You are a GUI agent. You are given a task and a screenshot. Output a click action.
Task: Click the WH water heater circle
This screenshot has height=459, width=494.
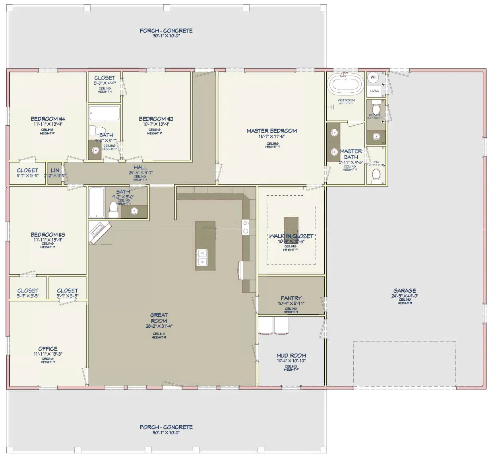(x=373, y=77)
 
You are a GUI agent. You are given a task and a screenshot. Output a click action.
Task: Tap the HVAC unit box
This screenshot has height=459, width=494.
(x=374, y=91)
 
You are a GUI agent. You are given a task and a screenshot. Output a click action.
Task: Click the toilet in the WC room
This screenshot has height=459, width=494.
(x=376, y=174)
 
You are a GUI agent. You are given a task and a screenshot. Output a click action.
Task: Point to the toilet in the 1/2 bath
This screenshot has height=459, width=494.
(x=376, y=108)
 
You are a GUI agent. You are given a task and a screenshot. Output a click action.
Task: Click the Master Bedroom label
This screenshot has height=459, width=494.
(x=272, y=131)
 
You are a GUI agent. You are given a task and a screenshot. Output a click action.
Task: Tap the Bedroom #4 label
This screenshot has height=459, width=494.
(x=48, y=119)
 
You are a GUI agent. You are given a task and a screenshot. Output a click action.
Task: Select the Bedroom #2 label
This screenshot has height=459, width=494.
(x=156, y=119)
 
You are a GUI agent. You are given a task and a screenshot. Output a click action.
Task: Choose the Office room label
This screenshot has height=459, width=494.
(x=48, y=349)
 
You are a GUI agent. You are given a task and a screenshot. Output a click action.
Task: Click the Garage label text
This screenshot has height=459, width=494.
(x=405, y=291)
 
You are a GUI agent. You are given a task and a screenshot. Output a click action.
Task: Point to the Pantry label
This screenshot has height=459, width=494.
(x=291, y=298)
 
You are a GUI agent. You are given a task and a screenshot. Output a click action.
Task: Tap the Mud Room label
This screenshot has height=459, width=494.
(x=291, y=356)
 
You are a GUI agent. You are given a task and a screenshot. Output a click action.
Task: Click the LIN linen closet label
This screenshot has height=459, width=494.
(x=55, y=171)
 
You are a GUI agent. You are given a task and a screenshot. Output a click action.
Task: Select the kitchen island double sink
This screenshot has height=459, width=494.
(x=202, y=257)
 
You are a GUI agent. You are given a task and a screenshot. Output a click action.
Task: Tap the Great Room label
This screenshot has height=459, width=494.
(x=159, y=318)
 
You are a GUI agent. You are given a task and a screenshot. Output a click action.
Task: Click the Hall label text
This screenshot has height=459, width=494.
(x=140, y=168)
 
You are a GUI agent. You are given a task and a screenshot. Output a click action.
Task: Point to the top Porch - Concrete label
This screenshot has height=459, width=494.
(x=166, y=31)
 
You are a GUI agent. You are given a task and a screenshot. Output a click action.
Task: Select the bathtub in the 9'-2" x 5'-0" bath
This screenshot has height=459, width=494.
(x=96, y=202)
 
